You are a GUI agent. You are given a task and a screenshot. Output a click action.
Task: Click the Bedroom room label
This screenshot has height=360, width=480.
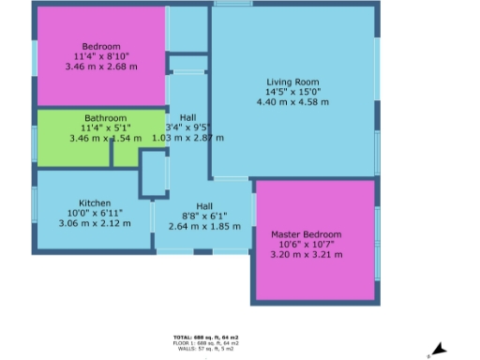[101, 47]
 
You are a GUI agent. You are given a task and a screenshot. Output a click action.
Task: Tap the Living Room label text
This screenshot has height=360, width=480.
[292, 82]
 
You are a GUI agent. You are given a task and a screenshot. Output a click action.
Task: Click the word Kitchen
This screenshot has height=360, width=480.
[96, 203]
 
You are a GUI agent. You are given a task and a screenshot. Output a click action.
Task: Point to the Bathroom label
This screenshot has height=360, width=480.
[106, 118]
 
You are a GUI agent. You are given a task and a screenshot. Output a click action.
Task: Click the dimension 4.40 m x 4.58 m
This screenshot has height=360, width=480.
[292, 102]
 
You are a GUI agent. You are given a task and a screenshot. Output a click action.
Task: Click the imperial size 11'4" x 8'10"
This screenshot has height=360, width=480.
[100, 57]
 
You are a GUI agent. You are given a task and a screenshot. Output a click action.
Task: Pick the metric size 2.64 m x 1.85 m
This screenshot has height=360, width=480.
[204, 227]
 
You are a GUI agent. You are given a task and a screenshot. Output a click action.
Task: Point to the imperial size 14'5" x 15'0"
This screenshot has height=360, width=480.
[292, 92]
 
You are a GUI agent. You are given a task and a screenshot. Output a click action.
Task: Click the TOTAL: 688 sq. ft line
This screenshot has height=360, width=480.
[205, 337]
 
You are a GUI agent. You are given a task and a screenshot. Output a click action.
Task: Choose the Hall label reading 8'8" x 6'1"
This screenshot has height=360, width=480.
[204, 217]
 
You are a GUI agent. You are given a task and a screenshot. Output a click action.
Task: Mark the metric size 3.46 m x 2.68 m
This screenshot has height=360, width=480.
[100, 67]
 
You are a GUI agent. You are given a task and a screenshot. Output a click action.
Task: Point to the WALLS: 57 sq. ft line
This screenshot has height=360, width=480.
[205, 348]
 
